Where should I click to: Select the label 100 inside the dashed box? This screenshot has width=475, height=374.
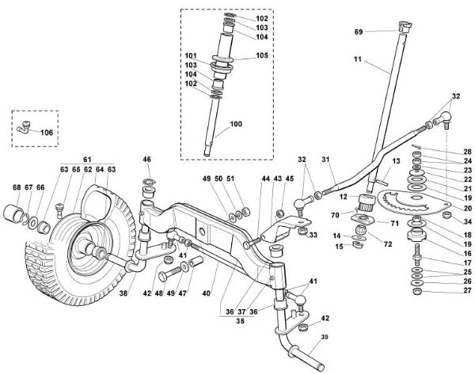[237, 125]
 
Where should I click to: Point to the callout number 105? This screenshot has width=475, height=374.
[262, 56]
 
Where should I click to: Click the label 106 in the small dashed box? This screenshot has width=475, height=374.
[46, 132]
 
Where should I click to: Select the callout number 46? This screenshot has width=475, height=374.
[146, 161]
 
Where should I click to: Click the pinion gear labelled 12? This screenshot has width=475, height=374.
[366, 200]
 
